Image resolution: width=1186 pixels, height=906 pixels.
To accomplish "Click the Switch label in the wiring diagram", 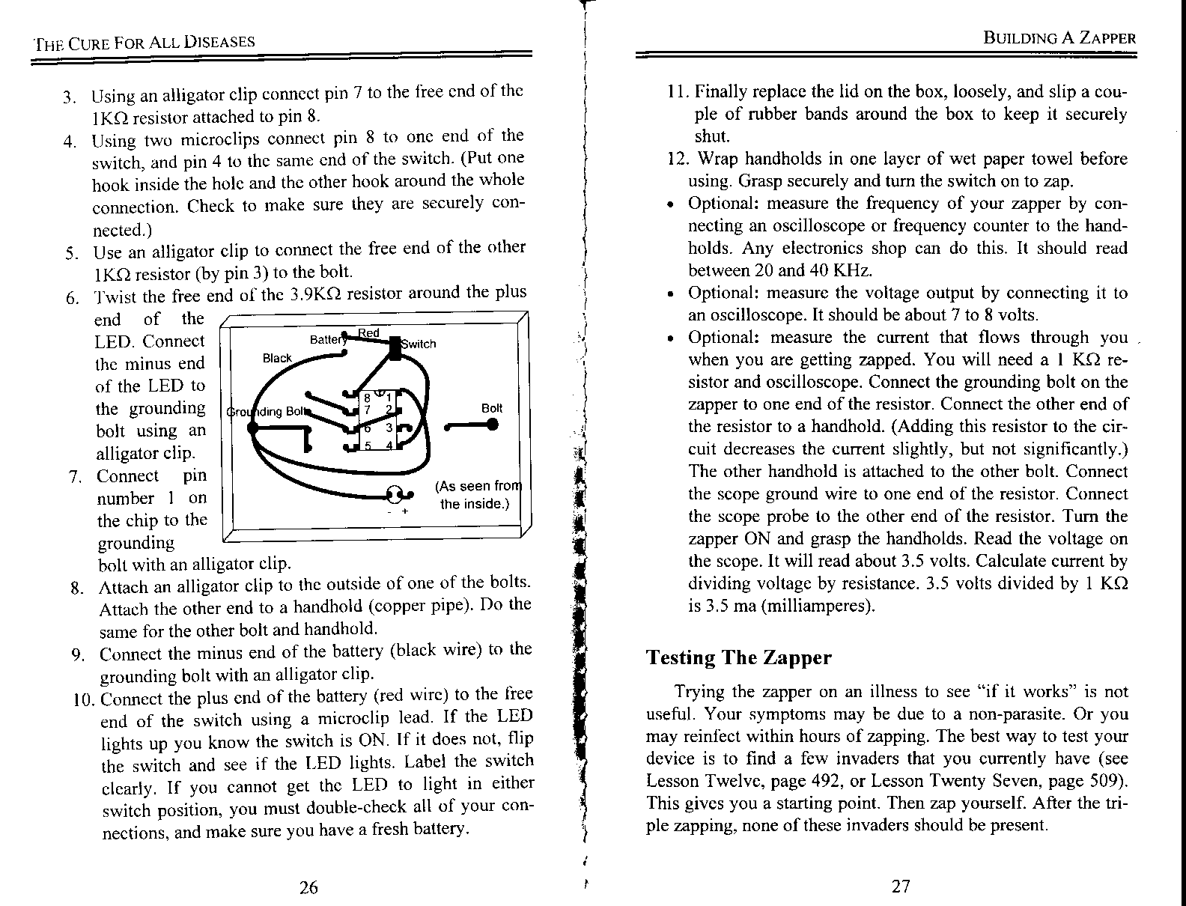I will pyautogui.click(x=419, y=344).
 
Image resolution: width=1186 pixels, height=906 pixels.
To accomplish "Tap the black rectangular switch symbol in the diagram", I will pyautogui.click(x=395, y=348).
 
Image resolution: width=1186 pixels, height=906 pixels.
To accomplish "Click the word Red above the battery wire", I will pyautogui.click(x=368, y=332).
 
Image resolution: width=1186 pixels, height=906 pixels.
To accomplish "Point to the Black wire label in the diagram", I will pyautogui.click(x=277, y=358).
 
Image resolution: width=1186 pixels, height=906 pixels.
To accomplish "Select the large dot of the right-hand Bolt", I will pyautogui.click(x=492, y=425).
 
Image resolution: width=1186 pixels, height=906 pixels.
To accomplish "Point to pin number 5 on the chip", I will pyautogui.click(x=367, y=446).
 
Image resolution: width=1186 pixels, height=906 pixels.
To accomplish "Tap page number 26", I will pyautogui.click(x=308, y=887).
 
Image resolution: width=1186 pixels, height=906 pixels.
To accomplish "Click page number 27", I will pyautogui.click(x=901, y=887).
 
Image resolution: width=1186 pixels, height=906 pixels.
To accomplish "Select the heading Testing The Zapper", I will pyautogui.click(x=738, y=657).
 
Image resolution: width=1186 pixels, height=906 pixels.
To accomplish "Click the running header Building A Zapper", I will pyautogui.click(x=1059, y=39).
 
